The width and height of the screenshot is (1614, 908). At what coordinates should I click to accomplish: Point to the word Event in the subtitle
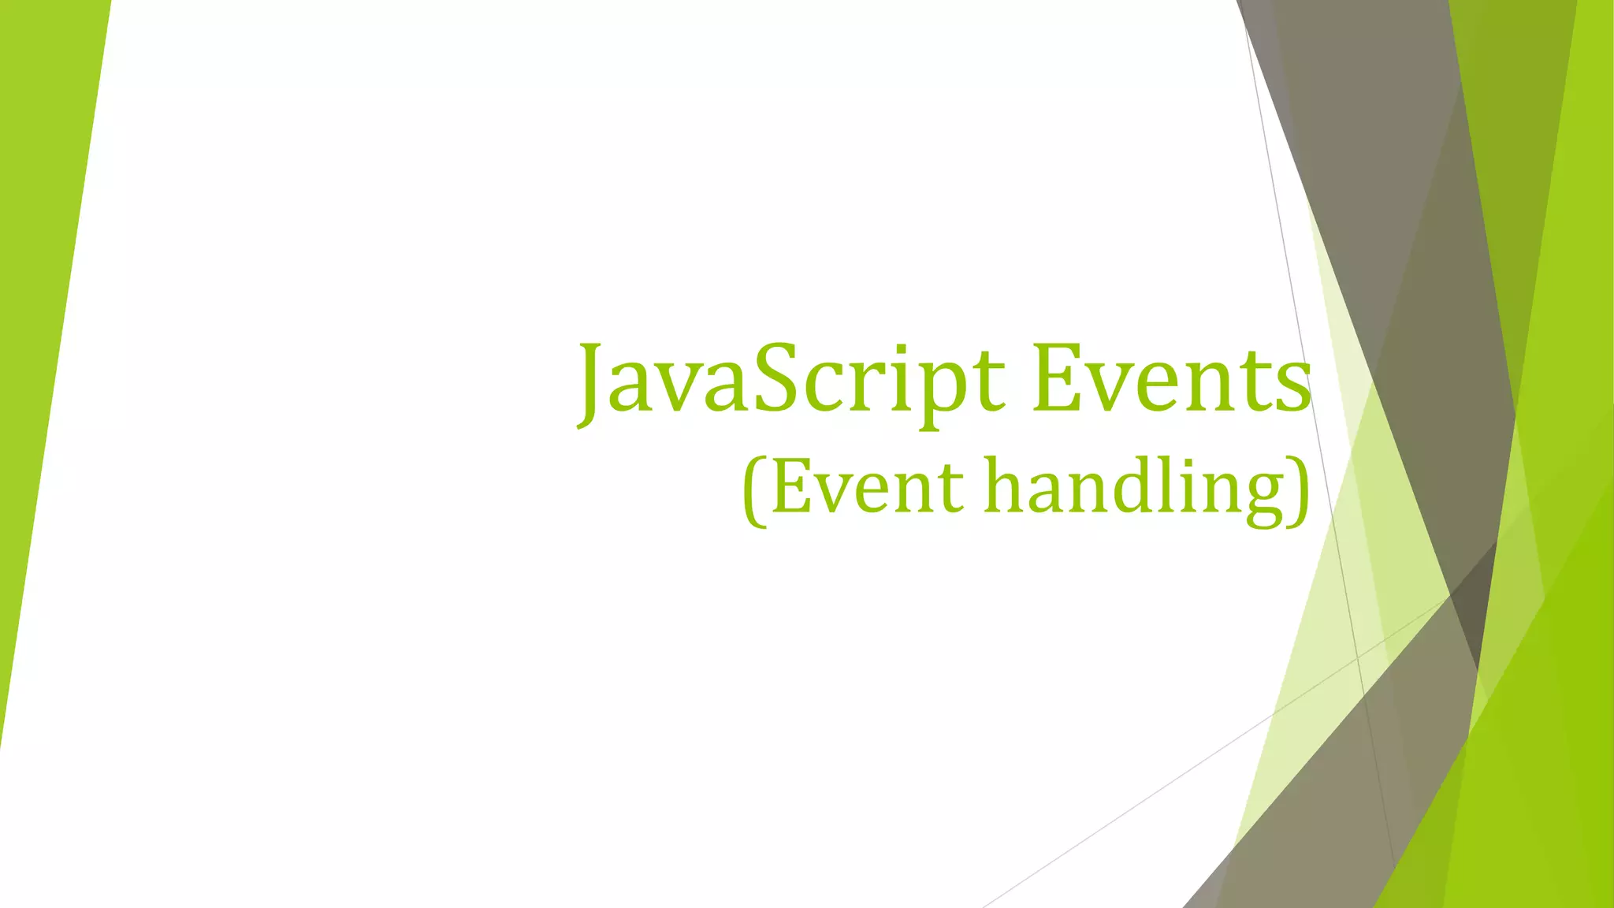click(867, 487)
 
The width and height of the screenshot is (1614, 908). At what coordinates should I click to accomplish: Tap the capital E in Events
click(1058, 379)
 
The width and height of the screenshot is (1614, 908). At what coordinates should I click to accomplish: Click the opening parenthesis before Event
click(754, 490)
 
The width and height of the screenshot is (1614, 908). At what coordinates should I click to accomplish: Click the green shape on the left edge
click(43, 315)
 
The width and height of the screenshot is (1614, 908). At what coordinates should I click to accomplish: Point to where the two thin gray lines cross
click(1358, 656)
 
